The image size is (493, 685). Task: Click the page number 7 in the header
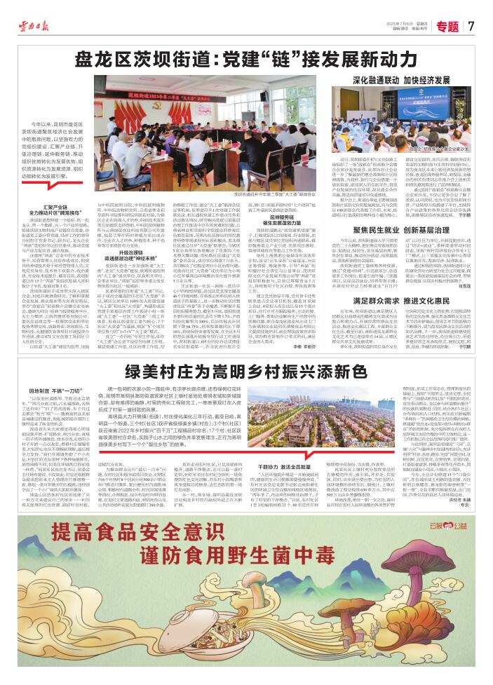point(471,26)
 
